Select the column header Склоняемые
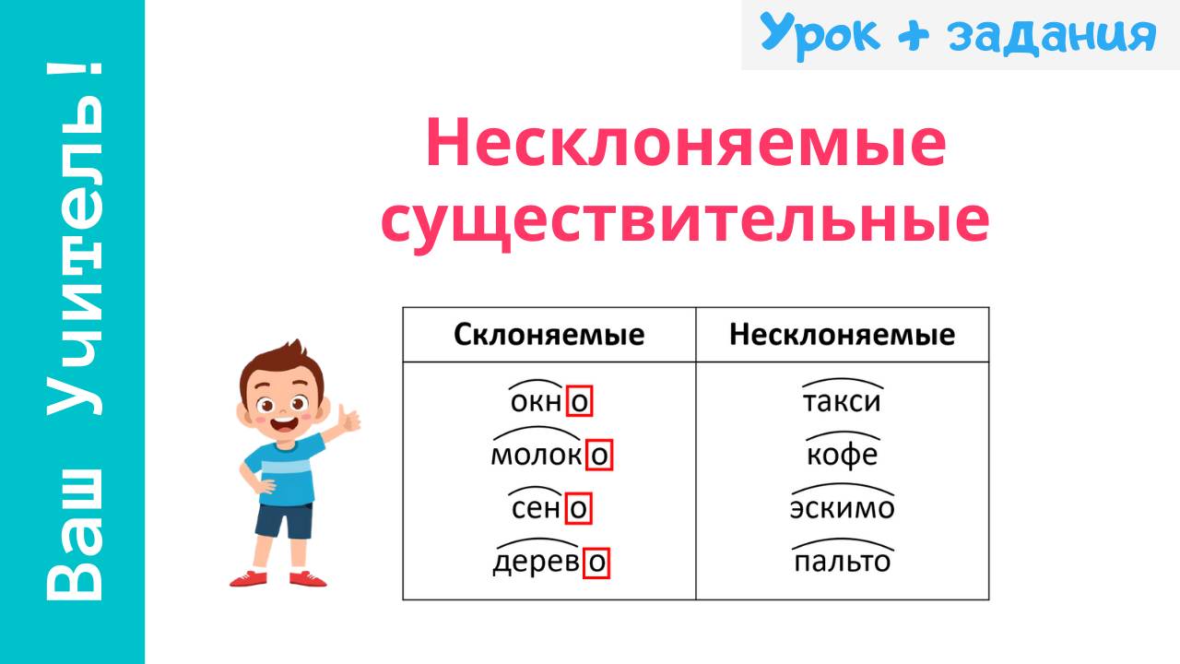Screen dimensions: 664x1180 [x=549, y=334]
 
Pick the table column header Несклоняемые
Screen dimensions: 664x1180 [x=842, y=334]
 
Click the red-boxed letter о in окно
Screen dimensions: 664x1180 [x=579, y=402]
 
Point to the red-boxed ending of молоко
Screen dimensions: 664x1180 [x=599, y=456]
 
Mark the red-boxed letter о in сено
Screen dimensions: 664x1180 [x=578, y=508]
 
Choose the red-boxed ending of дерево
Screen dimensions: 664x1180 [x=597, y=562]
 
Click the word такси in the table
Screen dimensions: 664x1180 [x=842, y=402]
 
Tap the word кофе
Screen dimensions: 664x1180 [x=842, y=456]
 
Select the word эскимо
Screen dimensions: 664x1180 [x=842, y=508]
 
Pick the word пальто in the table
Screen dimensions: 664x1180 [x=842, y=562]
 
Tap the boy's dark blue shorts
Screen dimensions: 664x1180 [x=284, y=518]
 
